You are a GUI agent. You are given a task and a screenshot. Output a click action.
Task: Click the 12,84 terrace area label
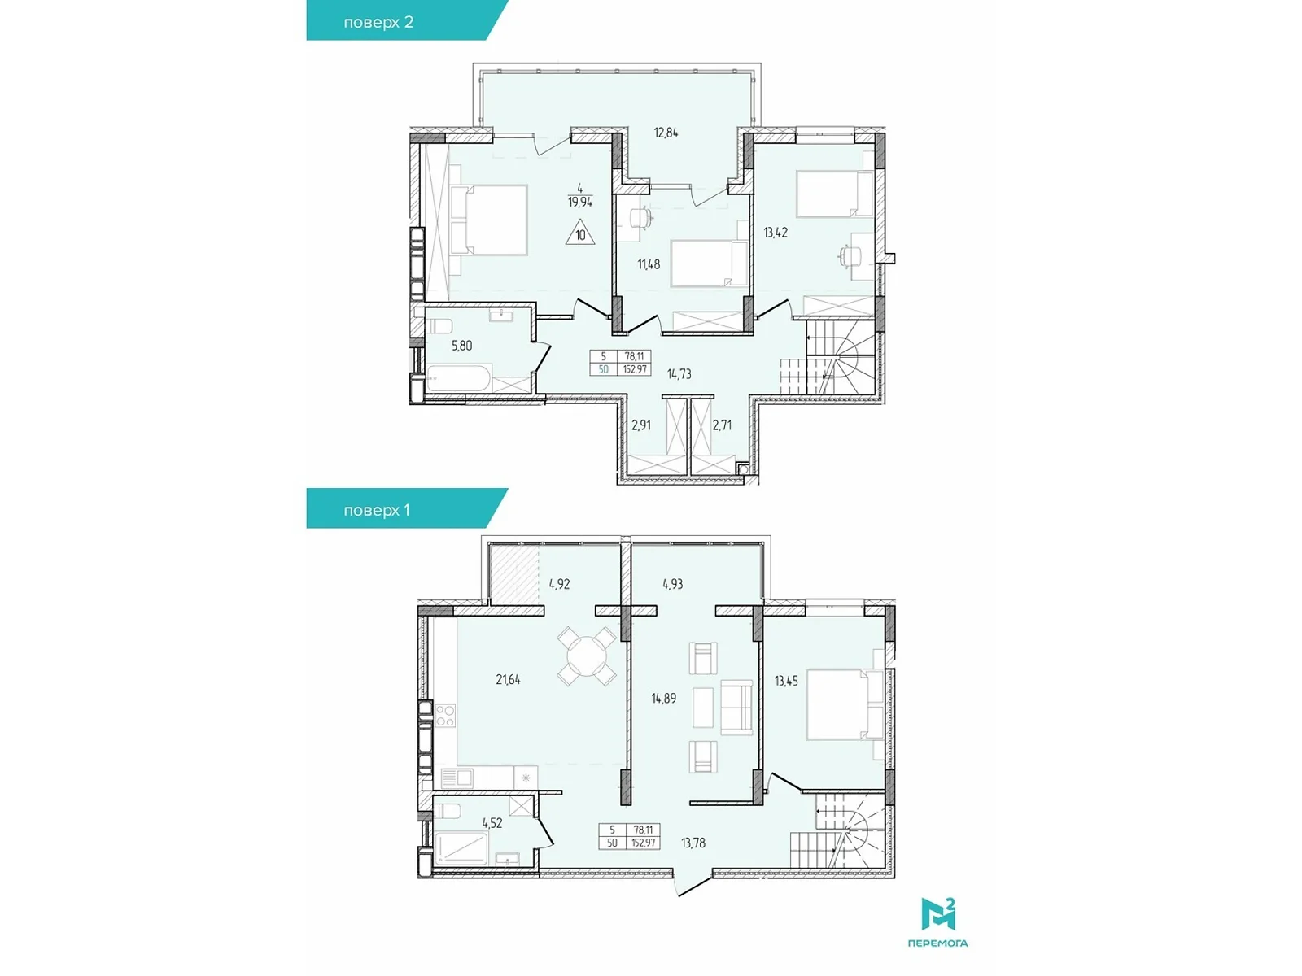click(666, 133)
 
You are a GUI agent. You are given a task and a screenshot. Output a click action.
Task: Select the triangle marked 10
click(580, 232)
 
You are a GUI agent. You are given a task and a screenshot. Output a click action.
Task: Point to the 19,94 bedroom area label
click(579, 202)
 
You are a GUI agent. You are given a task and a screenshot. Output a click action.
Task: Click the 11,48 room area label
click(649, 264)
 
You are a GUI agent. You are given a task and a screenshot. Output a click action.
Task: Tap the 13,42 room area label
click(776, 233)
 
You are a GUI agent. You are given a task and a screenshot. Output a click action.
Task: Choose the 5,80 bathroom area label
click(461, 346)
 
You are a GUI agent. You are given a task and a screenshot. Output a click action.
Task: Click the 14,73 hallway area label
click(679, 374)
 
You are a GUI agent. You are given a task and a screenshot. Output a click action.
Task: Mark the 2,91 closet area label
click(641, 425)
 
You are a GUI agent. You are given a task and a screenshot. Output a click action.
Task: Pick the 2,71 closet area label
click(722, 425)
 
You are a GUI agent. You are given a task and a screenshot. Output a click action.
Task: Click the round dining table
click(588, 656)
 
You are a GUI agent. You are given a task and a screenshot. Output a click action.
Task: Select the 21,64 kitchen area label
click(509, 680)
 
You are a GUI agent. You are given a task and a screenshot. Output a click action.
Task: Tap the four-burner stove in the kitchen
click(445, 715)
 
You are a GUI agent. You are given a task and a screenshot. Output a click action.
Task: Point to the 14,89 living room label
click(664, 698)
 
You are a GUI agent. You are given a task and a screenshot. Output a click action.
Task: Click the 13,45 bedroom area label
click(786, 681)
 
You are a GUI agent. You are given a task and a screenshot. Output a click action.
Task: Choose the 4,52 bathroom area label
click(492, 822)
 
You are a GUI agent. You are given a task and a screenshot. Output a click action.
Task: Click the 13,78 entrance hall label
click(693, 843)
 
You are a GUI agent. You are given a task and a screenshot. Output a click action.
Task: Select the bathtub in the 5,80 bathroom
click(459, 378)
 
